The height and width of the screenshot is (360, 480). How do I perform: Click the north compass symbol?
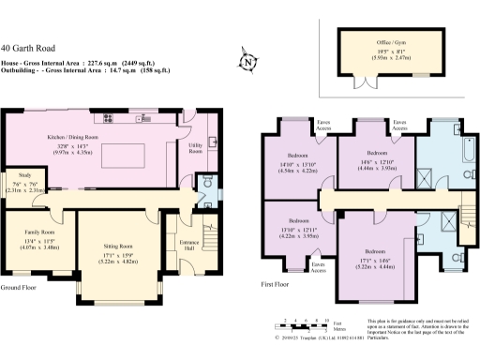coord(248,64)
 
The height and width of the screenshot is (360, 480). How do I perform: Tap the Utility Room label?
coord(195,148)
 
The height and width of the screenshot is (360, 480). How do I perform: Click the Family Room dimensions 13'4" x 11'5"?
coord(37,240)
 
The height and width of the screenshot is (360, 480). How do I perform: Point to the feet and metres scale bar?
coord(310,323)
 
